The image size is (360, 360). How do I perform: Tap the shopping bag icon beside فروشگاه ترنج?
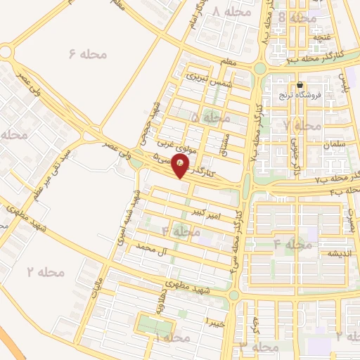coord(300,84)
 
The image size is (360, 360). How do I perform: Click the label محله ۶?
coord(88,53)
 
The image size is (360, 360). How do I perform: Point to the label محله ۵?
coord(205,117)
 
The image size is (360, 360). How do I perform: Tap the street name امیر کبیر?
coord(210,214)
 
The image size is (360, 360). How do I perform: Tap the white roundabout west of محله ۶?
coord(6,53)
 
